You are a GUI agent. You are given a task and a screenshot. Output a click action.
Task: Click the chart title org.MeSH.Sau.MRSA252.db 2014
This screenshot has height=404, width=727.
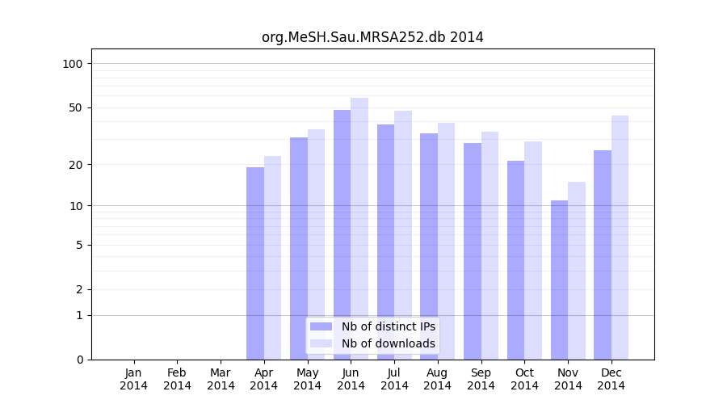click(372, 37)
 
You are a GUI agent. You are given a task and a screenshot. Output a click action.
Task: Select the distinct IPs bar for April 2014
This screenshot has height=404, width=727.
click(255, 263)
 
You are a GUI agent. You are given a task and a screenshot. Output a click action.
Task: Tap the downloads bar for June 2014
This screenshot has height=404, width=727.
click(359, 228)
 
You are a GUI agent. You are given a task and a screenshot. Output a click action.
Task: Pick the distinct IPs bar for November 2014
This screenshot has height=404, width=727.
click(559, 280)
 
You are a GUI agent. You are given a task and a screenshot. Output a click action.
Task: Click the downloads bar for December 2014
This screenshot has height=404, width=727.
click(620, 237)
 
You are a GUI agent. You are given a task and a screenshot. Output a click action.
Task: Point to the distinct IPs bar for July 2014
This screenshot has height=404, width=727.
click(385, 242)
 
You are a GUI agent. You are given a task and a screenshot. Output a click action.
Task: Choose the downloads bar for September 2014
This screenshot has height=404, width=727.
click(490, 245)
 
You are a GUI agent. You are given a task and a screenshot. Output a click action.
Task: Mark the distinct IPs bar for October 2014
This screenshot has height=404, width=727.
click(515, 259)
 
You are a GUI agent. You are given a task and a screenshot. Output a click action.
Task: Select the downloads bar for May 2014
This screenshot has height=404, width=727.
click(316, 244)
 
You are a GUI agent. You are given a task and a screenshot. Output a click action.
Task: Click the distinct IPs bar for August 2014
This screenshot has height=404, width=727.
click(429, 246)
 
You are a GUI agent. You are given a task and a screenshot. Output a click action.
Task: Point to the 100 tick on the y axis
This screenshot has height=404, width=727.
click(73, 64)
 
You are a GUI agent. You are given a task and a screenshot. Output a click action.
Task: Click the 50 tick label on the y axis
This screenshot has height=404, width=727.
click(75, 107)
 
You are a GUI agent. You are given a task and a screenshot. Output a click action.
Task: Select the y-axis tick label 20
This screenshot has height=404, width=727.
click(75, 165)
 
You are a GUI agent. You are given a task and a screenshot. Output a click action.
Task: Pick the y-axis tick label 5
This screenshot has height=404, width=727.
click(78, 245)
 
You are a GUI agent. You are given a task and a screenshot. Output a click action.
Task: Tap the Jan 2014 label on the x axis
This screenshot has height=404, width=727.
click(134, 379)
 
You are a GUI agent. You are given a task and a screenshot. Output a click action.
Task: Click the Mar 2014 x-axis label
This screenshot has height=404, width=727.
click(221, 379)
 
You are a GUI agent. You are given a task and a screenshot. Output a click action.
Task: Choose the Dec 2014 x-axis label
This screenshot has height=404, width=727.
click(611, 379)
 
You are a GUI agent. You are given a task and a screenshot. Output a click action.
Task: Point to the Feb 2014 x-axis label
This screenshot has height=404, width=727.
click(178, 379)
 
